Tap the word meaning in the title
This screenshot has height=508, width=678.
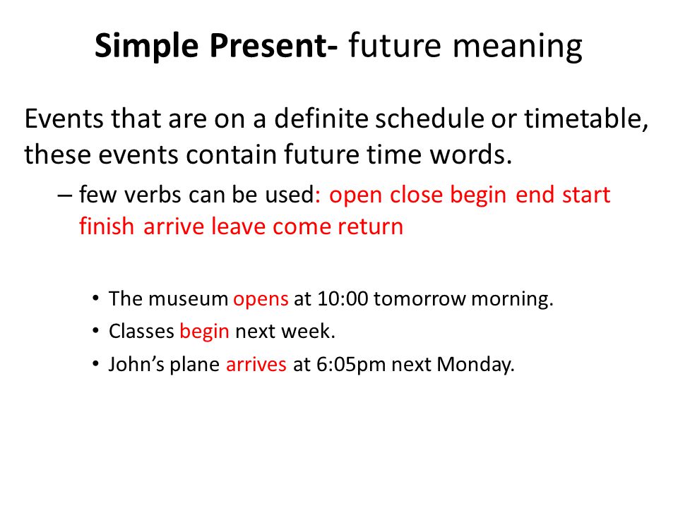[x=517, y=47]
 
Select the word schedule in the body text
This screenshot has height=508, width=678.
[x=429, y=119]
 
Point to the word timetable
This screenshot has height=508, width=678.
[x=586, y=119]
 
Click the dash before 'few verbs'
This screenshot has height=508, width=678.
[x=64, y=195]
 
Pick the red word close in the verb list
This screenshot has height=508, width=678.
[x=417, y=195]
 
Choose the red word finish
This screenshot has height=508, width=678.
[x=107, y=226]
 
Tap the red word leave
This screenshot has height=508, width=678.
[x=238, y=226]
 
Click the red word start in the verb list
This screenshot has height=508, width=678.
[x=586, y=195]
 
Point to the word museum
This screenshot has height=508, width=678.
[x=188, y=299]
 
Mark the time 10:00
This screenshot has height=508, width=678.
[x=343, y=299]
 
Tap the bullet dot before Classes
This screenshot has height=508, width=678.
[x=95, y=331]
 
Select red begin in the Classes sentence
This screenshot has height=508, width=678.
[x=205, y=332]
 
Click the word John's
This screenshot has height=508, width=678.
[x=136, y=364]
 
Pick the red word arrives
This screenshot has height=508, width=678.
[x=256, y=364]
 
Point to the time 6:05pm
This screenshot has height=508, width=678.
[x=351, y=365]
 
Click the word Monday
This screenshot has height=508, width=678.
[x=475, y=365]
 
